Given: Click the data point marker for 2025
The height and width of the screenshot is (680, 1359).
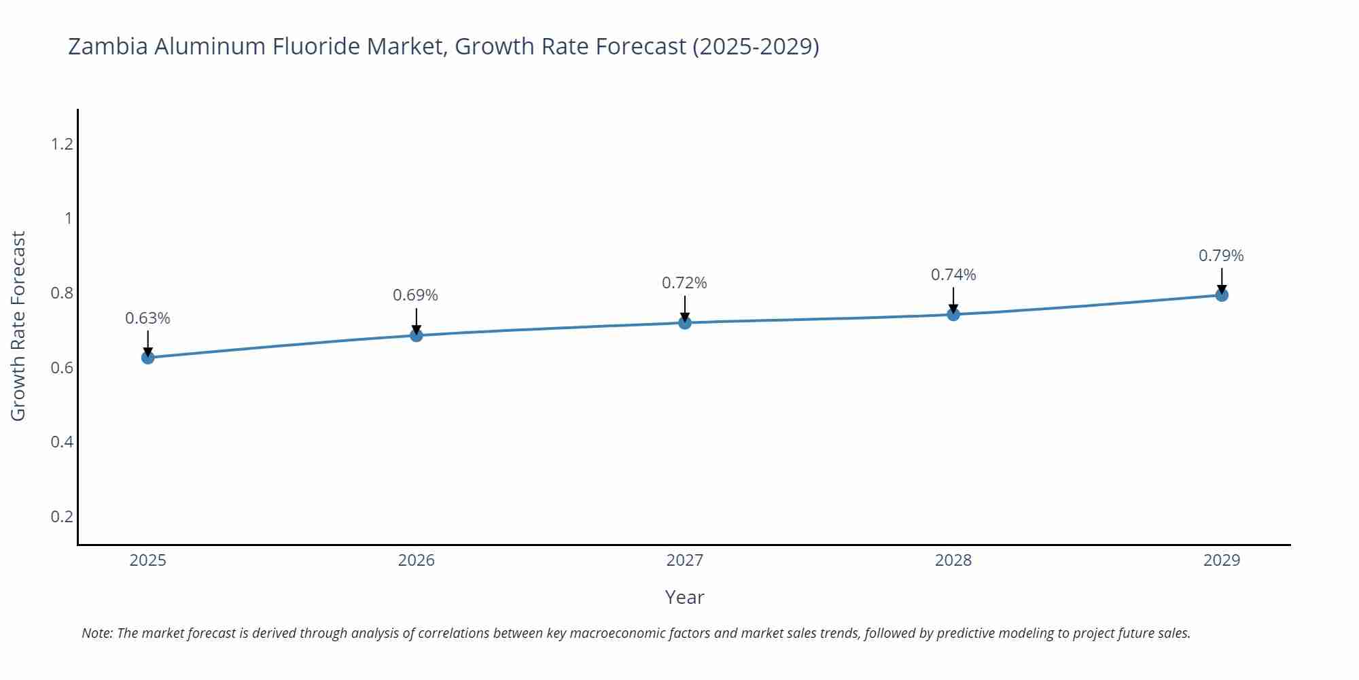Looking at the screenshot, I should (148, 358).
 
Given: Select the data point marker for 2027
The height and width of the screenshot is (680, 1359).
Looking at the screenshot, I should (685, 323).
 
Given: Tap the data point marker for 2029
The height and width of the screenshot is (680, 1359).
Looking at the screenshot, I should (1222, 295).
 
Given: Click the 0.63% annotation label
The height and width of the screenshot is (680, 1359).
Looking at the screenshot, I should (148, 318).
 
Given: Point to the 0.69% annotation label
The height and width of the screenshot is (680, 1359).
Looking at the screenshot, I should (416, 295).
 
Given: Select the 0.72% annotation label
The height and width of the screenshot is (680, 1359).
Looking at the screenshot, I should (685, 283).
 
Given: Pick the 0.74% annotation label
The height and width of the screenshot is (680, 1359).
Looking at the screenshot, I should (953, 275).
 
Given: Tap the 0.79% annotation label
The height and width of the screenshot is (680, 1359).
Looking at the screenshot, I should (1221, 256).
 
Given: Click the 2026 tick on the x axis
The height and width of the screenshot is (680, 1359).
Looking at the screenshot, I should (417, 560).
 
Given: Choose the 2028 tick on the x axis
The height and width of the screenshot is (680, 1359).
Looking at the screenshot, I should (953, 560).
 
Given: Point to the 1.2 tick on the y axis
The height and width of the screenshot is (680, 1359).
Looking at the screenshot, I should (62, 144).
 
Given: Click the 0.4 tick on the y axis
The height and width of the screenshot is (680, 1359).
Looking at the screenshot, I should (62, 442).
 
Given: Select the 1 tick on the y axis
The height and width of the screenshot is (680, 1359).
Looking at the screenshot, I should (68, 218).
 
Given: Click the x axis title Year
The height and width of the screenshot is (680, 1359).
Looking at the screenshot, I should (685, 597).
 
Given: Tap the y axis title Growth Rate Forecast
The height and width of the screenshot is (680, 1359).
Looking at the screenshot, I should (18, 326).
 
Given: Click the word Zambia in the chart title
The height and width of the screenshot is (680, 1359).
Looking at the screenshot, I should (108, 46).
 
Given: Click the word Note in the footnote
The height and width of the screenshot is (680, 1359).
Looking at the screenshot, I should (97, 633).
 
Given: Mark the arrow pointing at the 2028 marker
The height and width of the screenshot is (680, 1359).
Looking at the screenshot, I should (953, 300).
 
